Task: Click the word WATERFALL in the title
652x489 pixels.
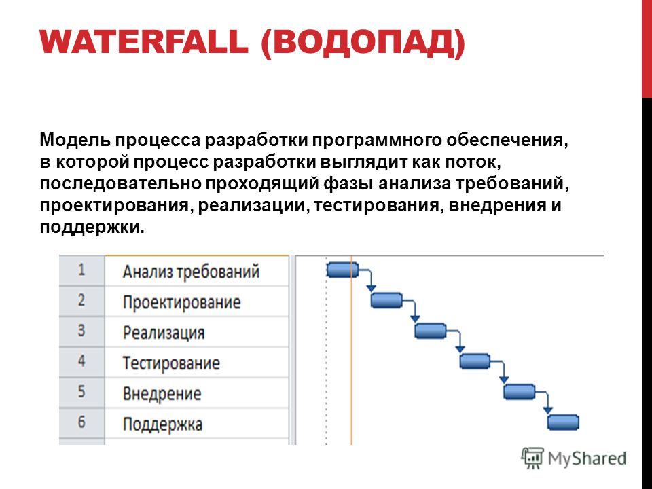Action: pos(144,41)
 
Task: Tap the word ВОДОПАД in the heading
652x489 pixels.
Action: pos(363,43)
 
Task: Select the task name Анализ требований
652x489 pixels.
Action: pos(192,272)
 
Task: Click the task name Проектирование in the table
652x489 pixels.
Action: pos(182,302)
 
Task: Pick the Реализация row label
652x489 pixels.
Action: pos(164,333)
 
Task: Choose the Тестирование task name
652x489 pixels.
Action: pos(171,363)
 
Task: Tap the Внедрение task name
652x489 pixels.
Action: pos(162,393)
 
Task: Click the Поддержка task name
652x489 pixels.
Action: pos(162,424)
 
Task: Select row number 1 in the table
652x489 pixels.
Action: pos(81,270)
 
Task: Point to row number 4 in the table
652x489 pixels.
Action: pos(81,361)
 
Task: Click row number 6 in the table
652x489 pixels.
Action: pos(81,422)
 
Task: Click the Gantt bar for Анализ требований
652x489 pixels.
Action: pos(342,270)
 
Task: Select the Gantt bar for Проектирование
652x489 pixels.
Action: pos(386,300)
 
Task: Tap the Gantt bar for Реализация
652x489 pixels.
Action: pos(431,331)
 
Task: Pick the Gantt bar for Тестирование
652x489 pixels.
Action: pos(475,361)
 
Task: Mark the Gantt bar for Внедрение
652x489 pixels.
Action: pos(519,392)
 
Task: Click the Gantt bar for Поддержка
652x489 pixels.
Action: pos(563,422)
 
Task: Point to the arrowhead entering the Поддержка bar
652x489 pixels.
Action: pos(548,410)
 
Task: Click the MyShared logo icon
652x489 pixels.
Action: pos(532,458)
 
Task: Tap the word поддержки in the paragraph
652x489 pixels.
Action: pos(92,227)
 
